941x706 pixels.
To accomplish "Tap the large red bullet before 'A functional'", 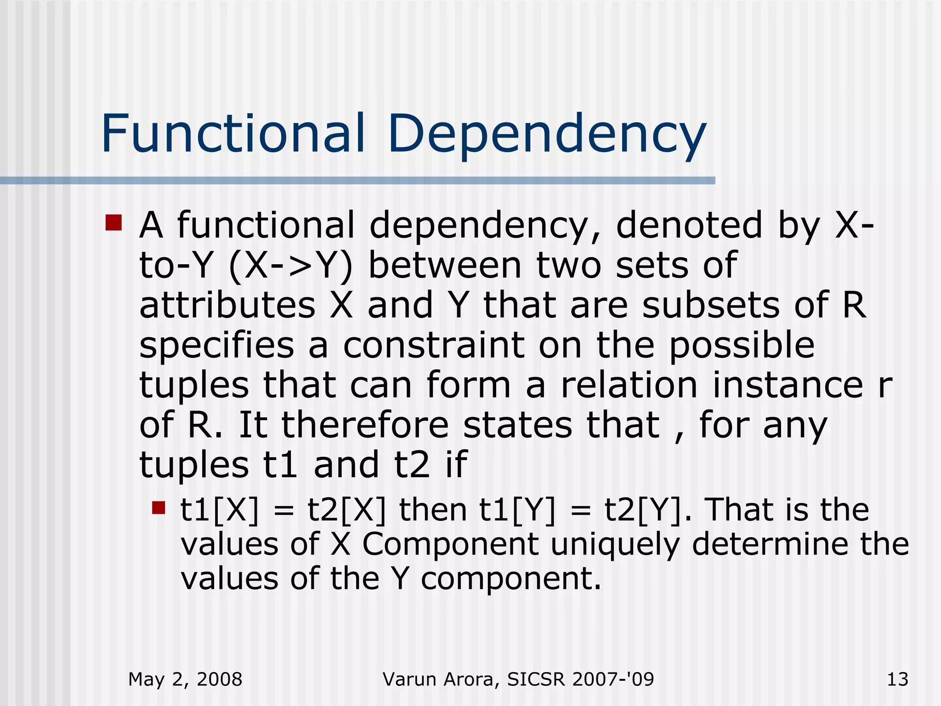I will click(113, 222).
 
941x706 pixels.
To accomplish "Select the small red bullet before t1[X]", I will click(159, 508).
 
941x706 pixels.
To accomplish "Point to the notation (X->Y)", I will click(290, 266).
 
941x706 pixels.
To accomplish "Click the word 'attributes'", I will click(227, 305).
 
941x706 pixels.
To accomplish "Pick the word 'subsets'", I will click(711, 305).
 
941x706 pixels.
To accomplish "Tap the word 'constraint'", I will click(434, 345).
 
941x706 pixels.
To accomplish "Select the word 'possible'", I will click(742, 345).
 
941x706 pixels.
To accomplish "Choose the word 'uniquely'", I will click(615, 545).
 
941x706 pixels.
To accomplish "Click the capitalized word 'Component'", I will click(450, 545).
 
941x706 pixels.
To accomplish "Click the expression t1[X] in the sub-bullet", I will click(220, 510).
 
